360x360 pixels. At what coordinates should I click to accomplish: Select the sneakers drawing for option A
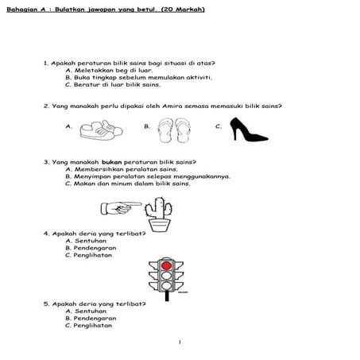pyautogui.click(x=101, y=130)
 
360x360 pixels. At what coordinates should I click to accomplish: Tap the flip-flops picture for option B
pyautogui.click(x=174, y=130)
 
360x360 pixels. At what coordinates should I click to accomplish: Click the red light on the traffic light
pyautogui.click(x=166, y=265)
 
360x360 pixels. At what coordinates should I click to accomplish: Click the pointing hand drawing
pyautogui.click(x=121, y=208)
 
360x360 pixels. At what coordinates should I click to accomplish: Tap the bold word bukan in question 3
pyautogui.click(x=111, y=162)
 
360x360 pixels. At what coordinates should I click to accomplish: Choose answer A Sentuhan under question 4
pyautogui.click(x=86, y=241)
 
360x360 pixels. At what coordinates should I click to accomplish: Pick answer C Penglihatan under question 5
pyautogui.click(x=88, y=325)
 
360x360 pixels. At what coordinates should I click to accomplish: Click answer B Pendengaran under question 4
pyautogui.click(x=91, y=248)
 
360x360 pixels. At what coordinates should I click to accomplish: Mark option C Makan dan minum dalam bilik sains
pyautogui.click(x=128, y=184)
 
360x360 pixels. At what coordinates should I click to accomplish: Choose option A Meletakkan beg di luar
pyautogui.click(x=109, y=71)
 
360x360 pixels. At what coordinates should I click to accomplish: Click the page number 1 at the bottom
pyautogui.click(x=180, y=342)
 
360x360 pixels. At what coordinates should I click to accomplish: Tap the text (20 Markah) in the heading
pyautogui.click(x=183, y=10)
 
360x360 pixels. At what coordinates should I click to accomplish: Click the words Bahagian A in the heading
pyautogui.click(x=26, y=10)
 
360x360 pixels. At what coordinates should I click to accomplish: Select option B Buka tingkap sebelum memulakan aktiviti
pyautogui.click(x=139, y=78)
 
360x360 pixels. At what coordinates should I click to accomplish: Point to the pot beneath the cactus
pyautogui.click(x=159, y=226)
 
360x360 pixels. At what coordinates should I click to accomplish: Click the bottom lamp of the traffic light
pyautogui.click(x=166, y=286)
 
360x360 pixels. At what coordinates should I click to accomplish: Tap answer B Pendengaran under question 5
pyautogui.click(x=91, y=318)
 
